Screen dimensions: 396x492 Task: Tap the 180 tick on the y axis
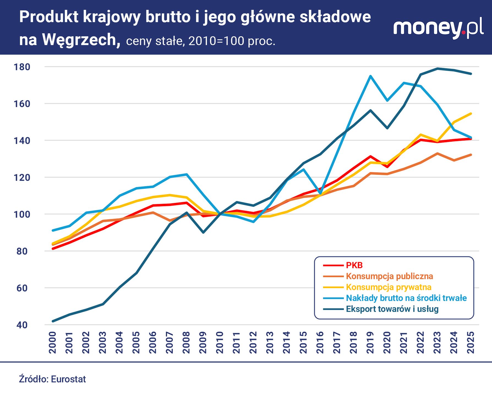[22, 67]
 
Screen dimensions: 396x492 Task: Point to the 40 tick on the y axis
[22, 325]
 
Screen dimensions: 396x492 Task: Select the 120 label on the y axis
[22, 178]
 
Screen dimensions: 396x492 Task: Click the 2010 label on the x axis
[220, 342]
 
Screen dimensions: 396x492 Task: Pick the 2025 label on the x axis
[471, 342]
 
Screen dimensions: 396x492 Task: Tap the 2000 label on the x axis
[53, 342]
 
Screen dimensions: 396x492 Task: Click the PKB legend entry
[354, 265]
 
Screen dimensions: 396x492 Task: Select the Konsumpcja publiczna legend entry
[389, 276]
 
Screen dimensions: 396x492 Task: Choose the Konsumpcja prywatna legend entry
[388, 287]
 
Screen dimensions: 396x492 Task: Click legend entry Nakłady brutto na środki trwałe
[406, 298]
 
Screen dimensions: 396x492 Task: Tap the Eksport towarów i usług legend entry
[392, 309]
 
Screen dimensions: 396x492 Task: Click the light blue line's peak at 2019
[370, 76]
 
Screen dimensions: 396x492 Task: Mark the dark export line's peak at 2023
[437, 68]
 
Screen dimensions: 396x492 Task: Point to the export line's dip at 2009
[203, 233]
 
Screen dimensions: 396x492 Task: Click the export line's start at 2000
[53, 321]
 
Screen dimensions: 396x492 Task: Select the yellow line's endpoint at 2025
[471, 114]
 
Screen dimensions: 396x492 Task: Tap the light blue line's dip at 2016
[320, 194]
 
